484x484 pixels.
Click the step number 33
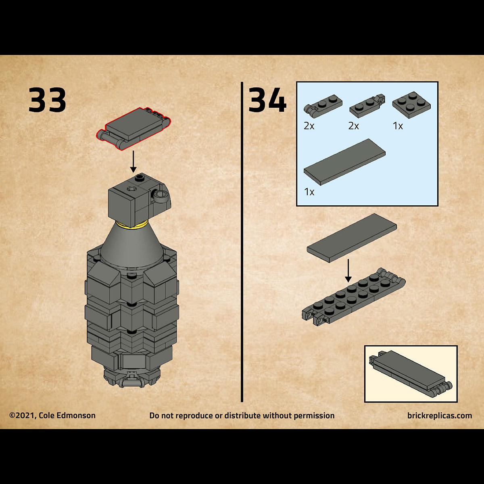47,100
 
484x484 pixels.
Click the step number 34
267,100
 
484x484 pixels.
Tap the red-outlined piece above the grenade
134,129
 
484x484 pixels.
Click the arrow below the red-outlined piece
133,161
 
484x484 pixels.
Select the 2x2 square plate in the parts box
411,105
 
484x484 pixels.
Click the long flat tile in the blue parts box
344,162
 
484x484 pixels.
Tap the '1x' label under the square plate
398,126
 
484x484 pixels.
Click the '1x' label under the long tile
309,192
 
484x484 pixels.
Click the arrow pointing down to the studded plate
348,271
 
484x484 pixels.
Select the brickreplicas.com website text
440,416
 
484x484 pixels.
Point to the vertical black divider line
242,242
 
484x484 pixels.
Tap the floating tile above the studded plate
352,238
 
